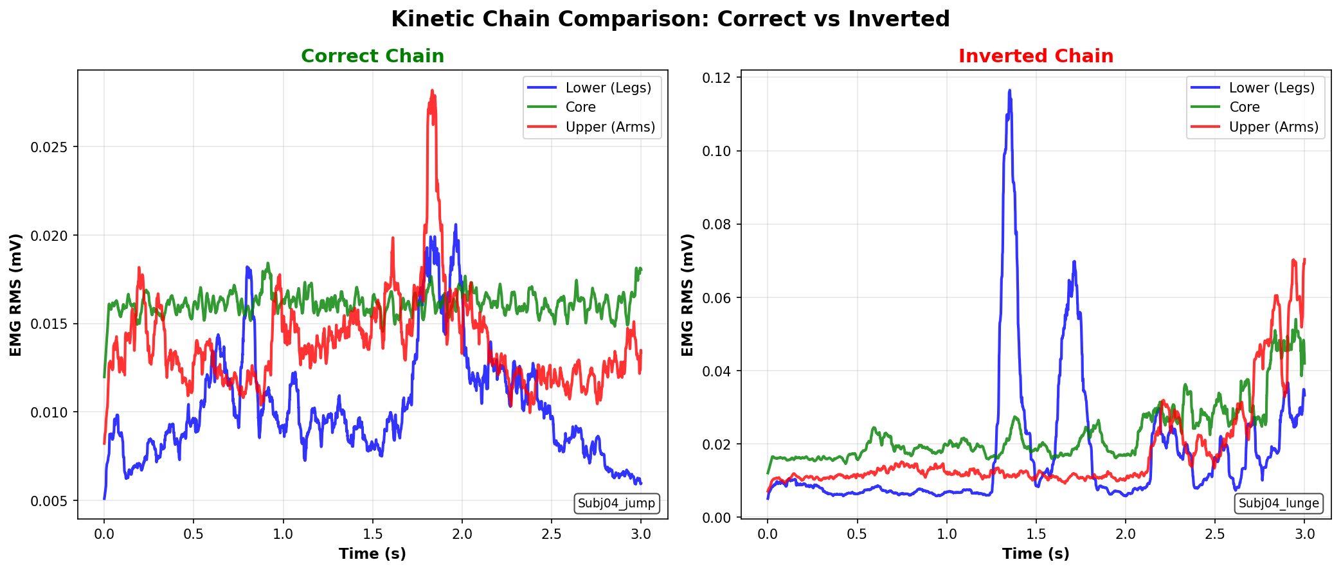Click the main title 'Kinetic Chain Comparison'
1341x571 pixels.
click(x=670, y=19)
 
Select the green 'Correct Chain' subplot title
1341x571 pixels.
click(x=372, y=57)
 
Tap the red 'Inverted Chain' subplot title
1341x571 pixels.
click(x=1036, y=57)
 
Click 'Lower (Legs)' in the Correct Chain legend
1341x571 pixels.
click(x=608, y=88)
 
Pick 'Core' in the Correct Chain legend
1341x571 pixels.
click(x=580, y=107)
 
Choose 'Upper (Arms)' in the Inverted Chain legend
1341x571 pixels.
click(x=1273, y=127)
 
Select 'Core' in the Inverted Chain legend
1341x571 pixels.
click(x=1244, y=107)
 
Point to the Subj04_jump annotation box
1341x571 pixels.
click(x=616, y=503)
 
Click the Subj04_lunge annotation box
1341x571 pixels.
click(x=1279, y=503)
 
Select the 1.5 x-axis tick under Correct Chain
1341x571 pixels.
click(x=372, y=534)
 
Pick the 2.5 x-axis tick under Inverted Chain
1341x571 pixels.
click(x=1214, y=534)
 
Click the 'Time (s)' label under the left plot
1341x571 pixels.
click(x=372, y=554)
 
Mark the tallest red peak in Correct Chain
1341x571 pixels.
click(x=432, y=91)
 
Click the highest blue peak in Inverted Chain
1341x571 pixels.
click(x=1009, y=91)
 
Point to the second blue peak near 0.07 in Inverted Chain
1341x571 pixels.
click(x=1074, y=262)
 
